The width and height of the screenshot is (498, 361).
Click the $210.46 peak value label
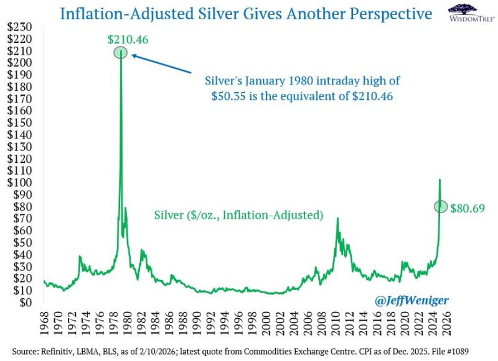[128, 40]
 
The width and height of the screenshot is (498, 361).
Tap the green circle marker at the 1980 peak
[121, 53]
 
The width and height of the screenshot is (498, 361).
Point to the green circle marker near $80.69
[440, 206]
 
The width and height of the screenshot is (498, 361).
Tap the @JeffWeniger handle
[411, 301]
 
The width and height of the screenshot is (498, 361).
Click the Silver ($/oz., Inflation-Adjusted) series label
[239, 216]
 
